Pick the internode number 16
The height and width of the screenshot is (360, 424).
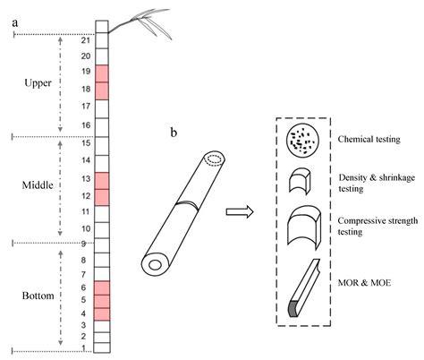[x=85, y=124]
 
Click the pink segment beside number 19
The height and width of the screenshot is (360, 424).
[x=101, y=73]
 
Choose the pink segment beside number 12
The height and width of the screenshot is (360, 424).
[x=101, y=194]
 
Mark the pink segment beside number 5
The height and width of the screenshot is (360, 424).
[x=101, y=301]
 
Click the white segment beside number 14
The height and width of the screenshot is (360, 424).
[x=101, y=160]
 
